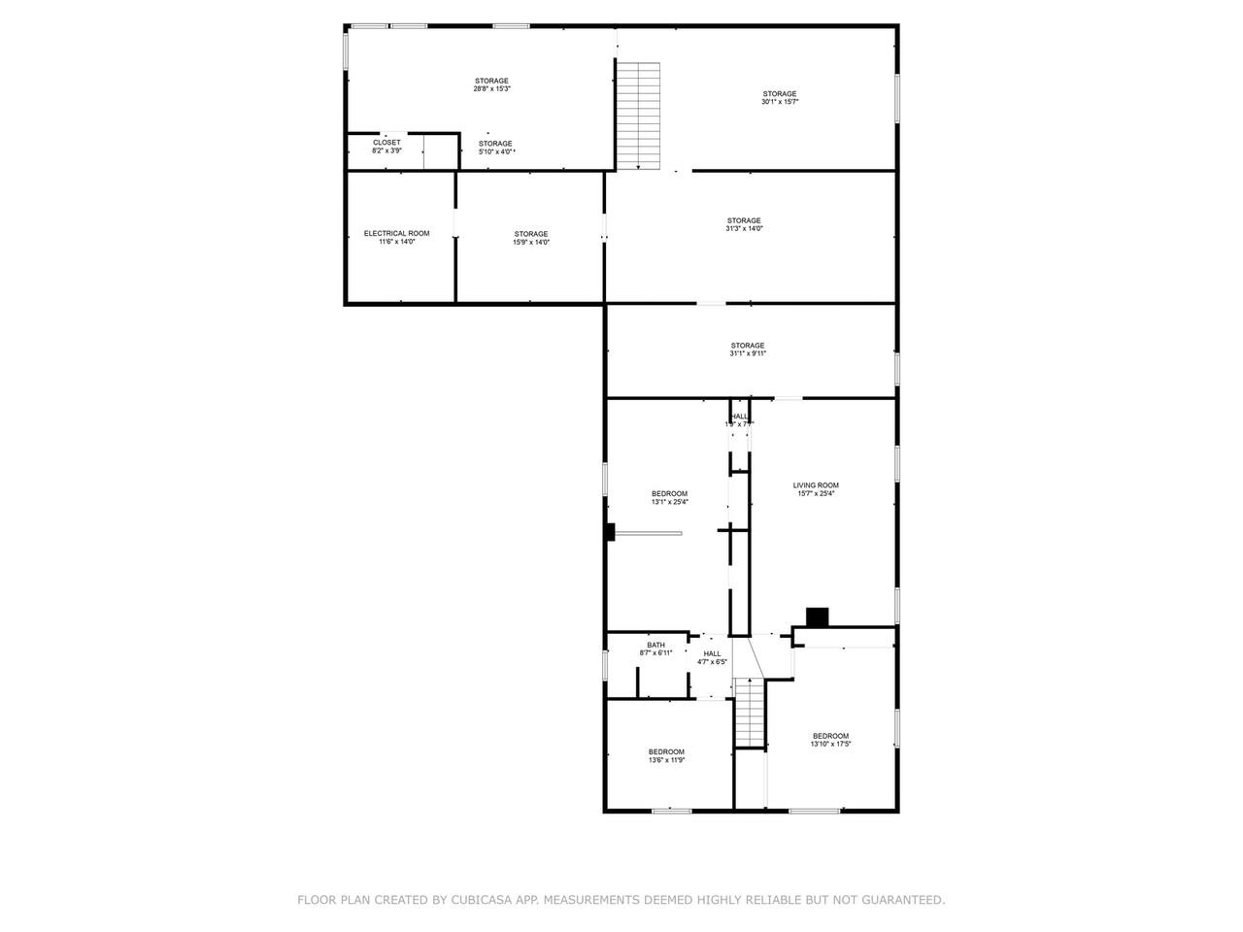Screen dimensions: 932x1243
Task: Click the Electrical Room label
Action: pyautogui.click(x=396, y=233)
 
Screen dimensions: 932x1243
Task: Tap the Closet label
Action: pyautogui.click(x=386, y=143)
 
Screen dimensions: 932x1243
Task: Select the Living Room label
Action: pyautogui.click(x=816, y=485)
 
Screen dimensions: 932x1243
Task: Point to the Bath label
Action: pyautogui.click(x=655, y=646)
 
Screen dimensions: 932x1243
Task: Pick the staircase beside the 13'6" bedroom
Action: pyautogui.click(x=750, y=714)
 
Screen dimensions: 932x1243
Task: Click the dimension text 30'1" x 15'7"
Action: pyautogui.click(x=779, y=102)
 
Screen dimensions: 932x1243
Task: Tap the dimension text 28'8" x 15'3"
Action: pyautogui.click(x=491, y=89)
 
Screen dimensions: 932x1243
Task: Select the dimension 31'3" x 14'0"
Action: pyautogui.click(x=744, y=229)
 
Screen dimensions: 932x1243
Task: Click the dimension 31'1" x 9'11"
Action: pyautogui.click(x=748, y=354)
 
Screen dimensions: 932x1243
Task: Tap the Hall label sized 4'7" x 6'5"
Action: pyautogui.click(x=712, y=654)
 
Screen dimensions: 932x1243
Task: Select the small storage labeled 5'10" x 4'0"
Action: pyautogui.click(x=495, y=144)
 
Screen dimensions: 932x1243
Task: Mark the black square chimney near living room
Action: pyautogui.click(x=818, y=616)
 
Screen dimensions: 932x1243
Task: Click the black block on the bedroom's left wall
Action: pyautogui.click(x=611, y=532)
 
